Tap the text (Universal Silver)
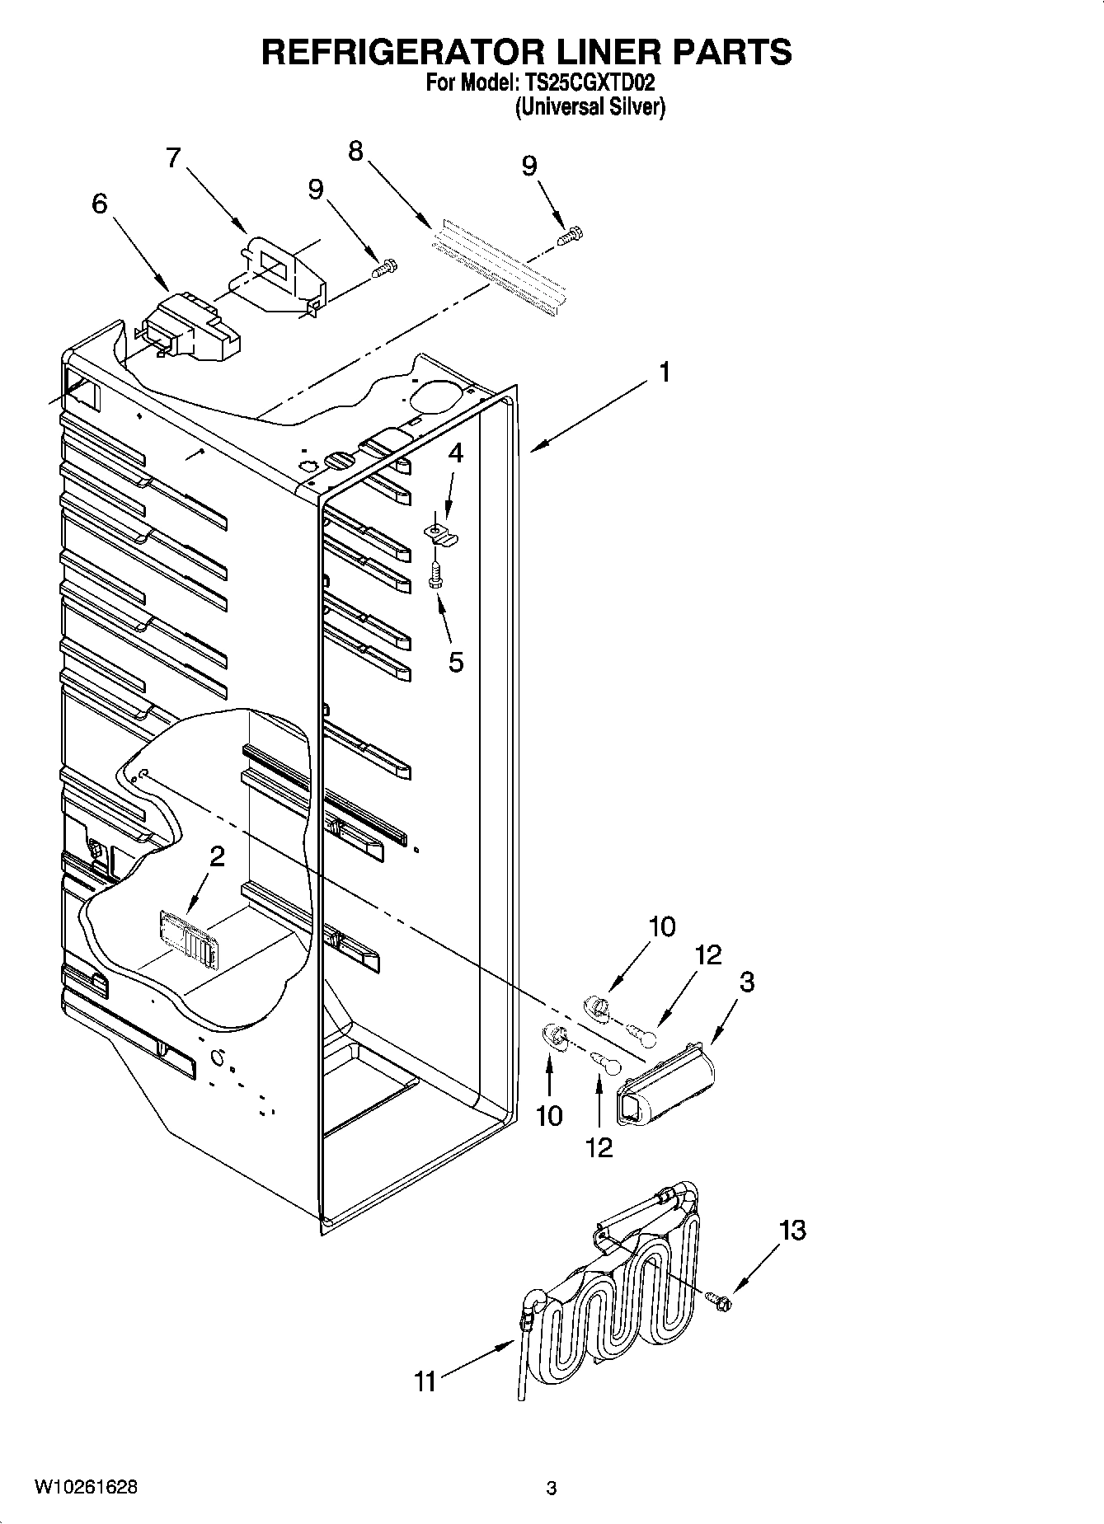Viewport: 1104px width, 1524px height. pyautogui.click(x=590, y=107)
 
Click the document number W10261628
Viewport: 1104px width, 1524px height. pyautogui.click(x=86, y=1488)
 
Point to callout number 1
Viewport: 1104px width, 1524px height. pyautogui.click(x=664, y=373)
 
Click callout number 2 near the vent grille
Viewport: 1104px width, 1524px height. pyautogui.click(x=217, y=857)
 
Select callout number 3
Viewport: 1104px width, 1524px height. pyautogui.click(x=746, y=982)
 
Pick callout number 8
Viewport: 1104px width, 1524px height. pyautogui.click(x=355, y=151)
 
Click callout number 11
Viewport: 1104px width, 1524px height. pyautogui.click(x=425, y=1381)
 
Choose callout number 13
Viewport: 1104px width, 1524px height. pyautogui.click(x=792, y=1231)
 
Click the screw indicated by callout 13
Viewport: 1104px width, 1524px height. pyautogui.click(x=721, y=1302)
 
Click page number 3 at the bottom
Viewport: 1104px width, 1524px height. pyautogui.click(x=552, y=1489)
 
